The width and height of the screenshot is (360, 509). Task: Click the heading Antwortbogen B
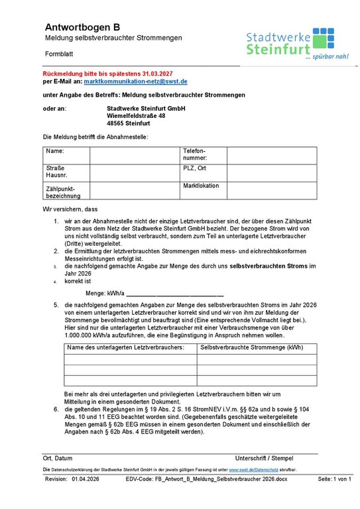point(82,27)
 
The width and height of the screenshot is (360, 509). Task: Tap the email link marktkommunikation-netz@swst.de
point(135,81)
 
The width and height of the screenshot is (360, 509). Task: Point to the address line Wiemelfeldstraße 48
point(136,115)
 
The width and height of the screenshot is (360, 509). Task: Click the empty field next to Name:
point(135,155)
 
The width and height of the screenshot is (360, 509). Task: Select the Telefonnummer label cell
point(203,155)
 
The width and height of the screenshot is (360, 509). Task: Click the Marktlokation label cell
point(203,190)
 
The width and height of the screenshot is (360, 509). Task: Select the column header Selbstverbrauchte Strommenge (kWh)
point(251,347)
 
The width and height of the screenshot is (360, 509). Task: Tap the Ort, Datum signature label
point(58,459)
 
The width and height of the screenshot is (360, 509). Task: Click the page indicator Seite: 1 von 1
point(334,479)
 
